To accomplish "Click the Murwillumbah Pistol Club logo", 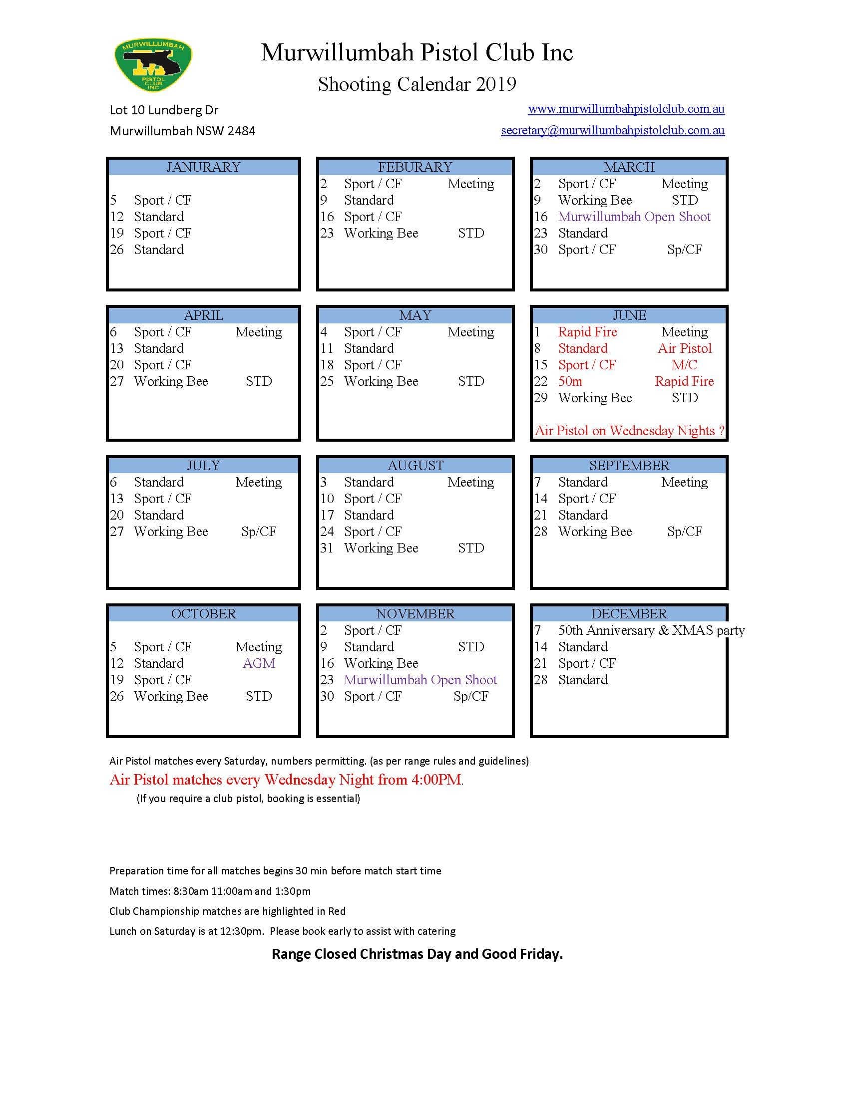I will click(153, 65).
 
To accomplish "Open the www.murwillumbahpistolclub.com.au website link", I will click(626, 109).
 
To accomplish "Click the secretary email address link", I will click(612, 131).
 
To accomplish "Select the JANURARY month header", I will click(203, 167).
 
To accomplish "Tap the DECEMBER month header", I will click(629, 614).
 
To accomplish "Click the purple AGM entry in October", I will click(259, 664).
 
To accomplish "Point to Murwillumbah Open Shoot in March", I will click(634, 217).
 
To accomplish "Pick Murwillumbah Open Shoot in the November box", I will click(420, 680).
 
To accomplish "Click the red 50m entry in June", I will click(570, 382).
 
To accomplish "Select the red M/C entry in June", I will click(684, 365).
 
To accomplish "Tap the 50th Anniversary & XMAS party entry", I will click(651, 630).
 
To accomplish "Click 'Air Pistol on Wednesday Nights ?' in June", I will click(629, 431).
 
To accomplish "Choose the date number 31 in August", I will click(327, 548).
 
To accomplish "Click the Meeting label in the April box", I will click(259, 332).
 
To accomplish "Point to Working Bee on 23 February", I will click(381, 233).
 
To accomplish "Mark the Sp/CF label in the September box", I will click(684, 532).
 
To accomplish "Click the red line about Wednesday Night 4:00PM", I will click(286, 780).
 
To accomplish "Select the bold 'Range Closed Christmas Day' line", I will click(417, 954).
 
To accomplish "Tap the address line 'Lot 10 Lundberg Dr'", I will click(164, 110).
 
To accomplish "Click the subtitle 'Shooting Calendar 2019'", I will click(417, 84).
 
